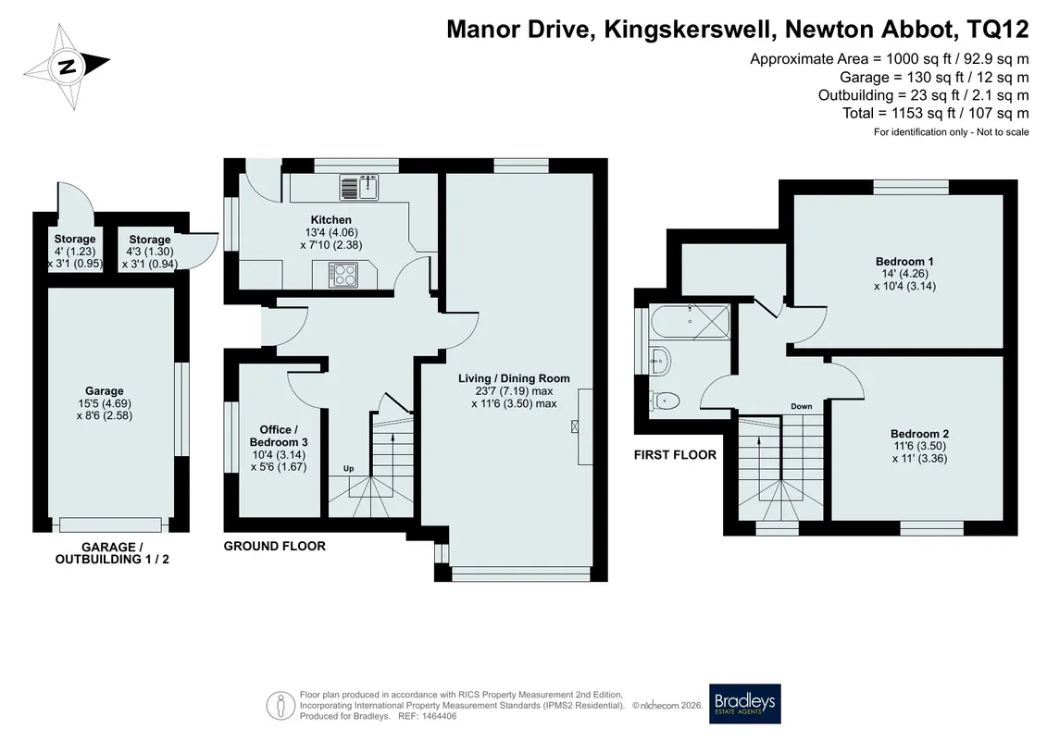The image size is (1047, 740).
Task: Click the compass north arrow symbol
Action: point(67,67)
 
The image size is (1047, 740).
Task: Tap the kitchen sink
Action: point(359,187)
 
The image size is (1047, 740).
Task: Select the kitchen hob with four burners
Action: point(343,275)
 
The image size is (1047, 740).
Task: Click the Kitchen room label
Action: point(330,219)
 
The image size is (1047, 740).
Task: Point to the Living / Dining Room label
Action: point(514,378)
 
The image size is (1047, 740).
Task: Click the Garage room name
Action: point(105,391)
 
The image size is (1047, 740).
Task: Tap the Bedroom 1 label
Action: point(904,261)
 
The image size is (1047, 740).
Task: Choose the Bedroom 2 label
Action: point(919,434)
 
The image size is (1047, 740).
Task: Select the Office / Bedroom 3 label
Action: point(279,436)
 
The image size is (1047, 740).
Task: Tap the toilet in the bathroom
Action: point(665,401)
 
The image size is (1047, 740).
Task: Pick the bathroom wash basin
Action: point(659,361)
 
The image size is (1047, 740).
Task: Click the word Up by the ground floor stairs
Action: point(349,468)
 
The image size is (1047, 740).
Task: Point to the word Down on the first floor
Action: point(802,406)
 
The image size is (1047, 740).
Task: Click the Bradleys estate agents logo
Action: point(744,703)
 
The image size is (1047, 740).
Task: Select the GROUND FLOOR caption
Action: point(274,546)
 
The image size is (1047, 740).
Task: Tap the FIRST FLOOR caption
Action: point(675,455)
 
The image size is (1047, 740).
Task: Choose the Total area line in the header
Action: point(936,113)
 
